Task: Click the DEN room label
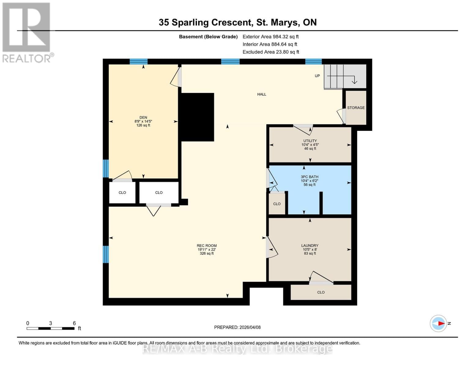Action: [143, 117]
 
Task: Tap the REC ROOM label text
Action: [206, 246]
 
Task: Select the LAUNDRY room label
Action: [310, 246]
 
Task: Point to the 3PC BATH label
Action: [309, 177]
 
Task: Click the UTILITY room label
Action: [310, 141]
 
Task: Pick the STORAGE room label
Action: [356, 108]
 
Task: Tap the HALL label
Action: [262, 95]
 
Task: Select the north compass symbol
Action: [439, 323]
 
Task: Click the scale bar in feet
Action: [50, 328]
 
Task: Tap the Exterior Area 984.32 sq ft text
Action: [270, 37]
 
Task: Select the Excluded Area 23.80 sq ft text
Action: [271, 52]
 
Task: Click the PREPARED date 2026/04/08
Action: [237, 327]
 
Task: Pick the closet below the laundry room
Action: [321, 292]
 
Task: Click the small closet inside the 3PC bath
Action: [277, 204]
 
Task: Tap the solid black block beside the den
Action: [197, 117]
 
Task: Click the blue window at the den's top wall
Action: [139, 61]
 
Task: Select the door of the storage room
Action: [341, 116]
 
